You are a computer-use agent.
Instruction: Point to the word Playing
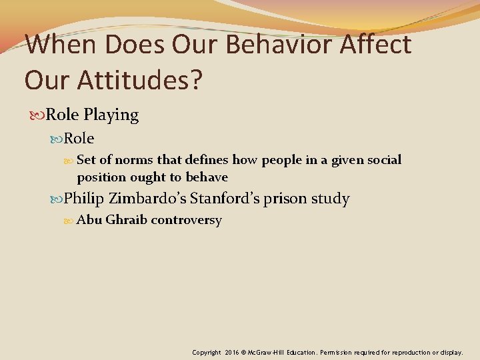111,115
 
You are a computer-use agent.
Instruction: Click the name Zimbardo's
147,199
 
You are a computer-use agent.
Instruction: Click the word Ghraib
127,220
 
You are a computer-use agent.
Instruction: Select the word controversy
187,220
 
